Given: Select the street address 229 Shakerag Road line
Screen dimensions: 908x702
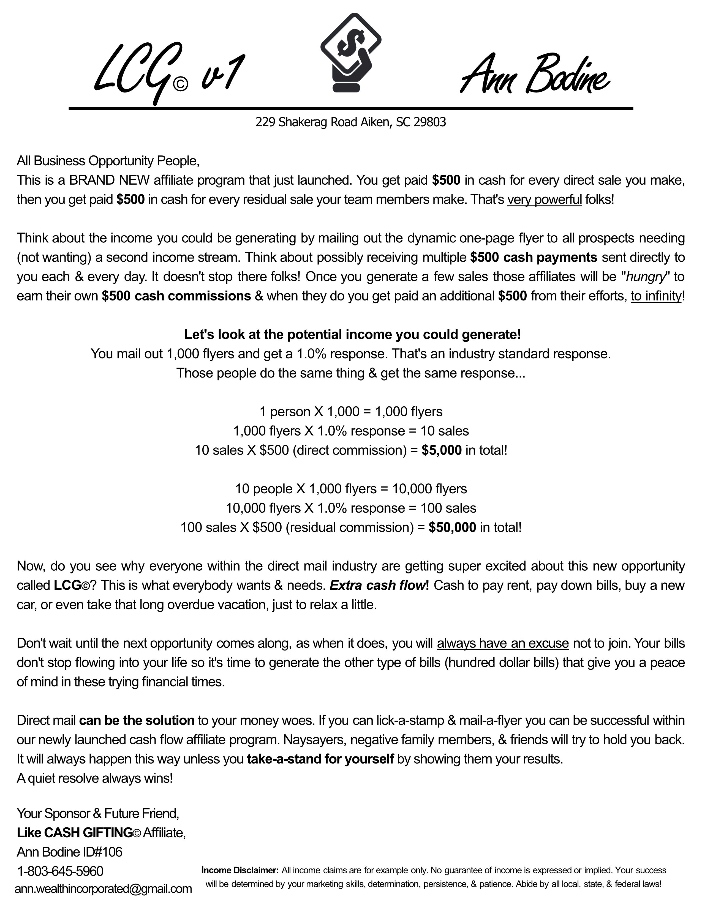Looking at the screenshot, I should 350,122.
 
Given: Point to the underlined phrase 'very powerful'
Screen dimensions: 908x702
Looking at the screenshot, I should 544,199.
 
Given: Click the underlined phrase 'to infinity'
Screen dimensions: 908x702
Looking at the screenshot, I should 656,296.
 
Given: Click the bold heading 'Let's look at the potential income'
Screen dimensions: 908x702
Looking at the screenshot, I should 352,334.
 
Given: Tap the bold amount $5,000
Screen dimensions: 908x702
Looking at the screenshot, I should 441,450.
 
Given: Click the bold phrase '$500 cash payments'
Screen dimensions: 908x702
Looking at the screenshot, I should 534,257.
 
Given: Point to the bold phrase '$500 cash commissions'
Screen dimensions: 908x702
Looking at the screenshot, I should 176,296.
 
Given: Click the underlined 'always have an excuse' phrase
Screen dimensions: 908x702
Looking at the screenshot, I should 502,643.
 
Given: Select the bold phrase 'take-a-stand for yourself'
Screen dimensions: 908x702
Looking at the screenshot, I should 320,759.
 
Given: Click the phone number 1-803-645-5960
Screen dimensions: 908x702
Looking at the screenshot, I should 60,871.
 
